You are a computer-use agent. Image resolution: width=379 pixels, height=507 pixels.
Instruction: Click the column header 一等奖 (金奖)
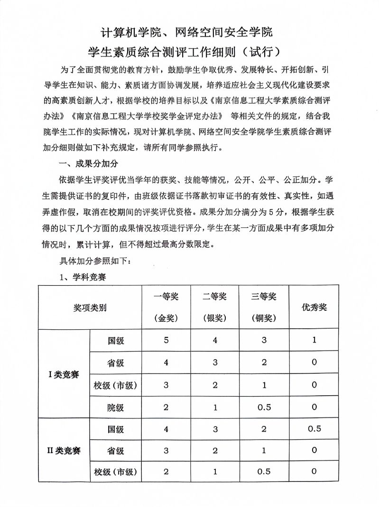[166, 307]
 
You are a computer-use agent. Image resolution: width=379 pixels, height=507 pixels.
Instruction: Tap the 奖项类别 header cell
[90, 308]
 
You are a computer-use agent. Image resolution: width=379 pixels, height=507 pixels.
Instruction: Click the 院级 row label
[116, 407]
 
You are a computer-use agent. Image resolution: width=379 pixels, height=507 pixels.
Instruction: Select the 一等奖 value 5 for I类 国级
[166, 340]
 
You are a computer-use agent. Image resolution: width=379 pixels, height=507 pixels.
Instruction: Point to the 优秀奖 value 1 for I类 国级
[314, 340]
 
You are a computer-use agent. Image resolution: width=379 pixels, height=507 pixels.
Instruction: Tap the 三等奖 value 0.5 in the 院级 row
[264, 407]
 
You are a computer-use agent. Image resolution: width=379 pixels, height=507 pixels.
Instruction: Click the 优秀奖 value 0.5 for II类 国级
[314, 429]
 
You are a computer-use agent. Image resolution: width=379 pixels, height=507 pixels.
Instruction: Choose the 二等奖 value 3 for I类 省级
[215, 362]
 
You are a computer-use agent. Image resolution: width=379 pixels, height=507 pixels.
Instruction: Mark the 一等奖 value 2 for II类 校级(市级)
[166, 471]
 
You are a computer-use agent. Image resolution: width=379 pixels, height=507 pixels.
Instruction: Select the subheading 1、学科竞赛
[83, 277]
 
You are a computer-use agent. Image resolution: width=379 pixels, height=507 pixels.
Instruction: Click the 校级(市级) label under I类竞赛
[116, 385]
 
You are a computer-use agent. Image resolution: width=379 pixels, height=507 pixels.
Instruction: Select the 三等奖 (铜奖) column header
[264, 307]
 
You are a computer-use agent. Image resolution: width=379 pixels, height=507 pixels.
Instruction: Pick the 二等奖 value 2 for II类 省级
[215, 450]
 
